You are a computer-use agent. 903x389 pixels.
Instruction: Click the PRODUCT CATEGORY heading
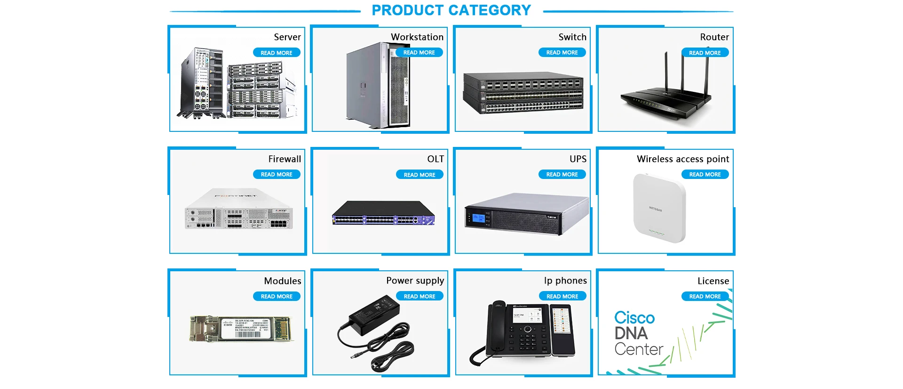(451, 10)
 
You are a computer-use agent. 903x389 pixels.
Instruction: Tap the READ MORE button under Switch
(562, 53)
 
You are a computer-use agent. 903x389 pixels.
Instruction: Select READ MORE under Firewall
(277, 175)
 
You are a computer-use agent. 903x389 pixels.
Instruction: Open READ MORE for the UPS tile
(562, 175)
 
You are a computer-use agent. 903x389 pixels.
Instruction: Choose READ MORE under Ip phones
(562, 296)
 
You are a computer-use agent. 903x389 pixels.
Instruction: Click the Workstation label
(417, 37)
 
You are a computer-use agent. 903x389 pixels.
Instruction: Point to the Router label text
(714, 37)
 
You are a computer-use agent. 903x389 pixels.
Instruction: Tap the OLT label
(436, 159)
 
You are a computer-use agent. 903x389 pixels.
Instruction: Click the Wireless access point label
(683, 159)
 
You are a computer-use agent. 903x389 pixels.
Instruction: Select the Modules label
(283, 281)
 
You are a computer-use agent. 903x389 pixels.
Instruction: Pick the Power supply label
(415, 281)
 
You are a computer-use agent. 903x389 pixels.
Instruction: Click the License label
(713, 281)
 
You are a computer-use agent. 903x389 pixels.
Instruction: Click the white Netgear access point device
(659, 208)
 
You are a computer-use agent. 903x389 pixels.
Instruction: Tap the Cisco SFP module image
(242, 328)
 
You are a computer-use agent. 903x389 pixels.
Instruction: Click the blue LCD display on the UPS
(478, 218)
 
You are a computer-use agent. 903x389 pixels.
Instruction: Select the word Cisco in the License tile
(634, 318)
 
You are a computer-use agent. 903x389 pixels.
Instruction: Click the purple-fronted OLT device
(383, 214)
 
